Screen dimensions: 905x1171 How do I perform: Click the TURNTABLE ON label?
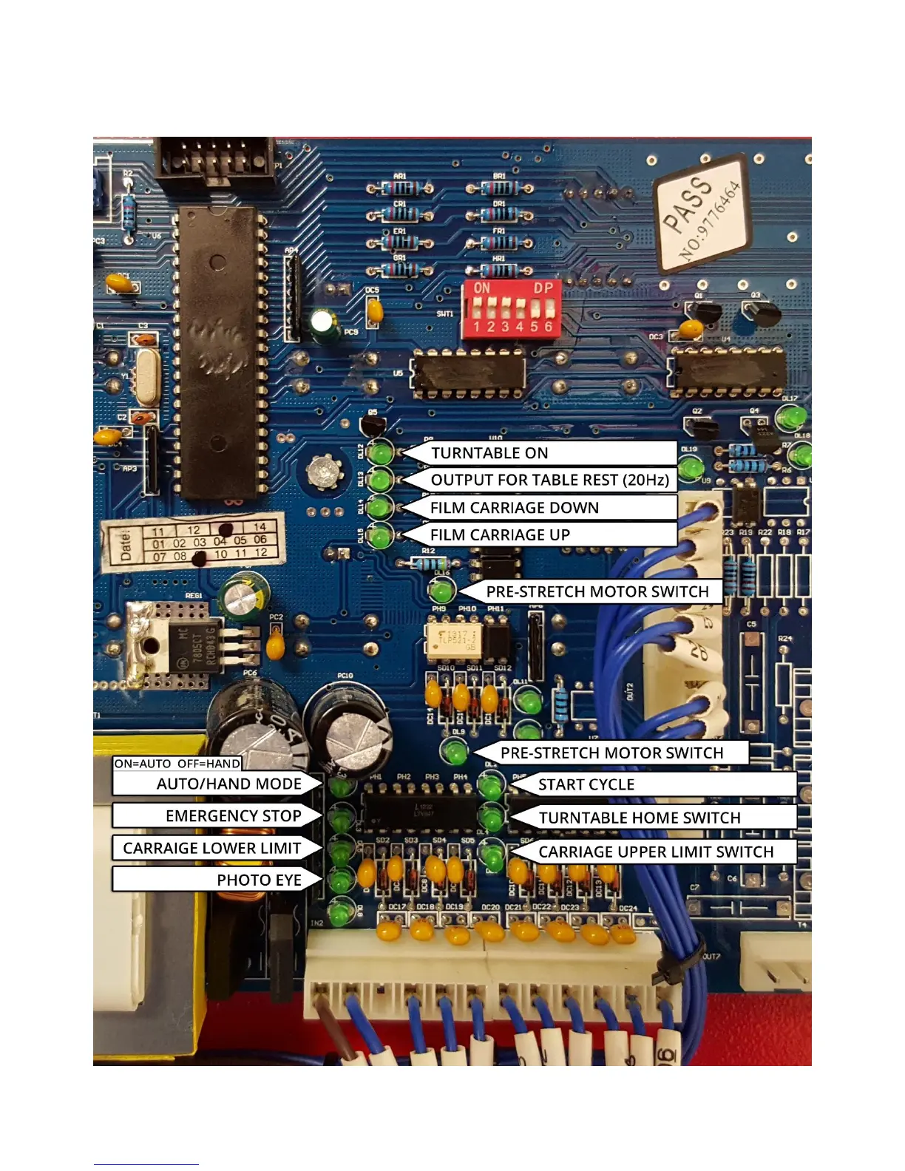point(489,453)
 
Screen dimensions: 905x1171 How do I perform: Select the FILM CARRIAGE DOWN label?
point(515,508)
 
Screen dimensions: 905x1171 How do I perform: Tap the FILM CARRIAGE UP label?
point(500,535)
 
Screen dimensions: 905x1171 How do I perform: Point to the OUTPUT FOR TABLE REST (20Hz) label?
point(549,481)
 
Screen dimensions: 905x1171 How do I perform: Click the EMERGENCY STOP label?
point(233,816)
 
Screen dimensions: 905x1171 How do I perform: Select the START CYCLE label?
point(586,785)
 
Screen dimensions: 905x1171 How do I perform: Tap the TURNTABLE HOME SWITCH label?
point(640,818)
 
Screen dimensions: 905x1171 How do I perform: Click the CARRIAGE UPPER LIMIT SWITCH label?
point(656,852)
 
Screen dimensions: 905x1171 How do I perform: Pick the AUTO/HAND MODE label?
point(228,784)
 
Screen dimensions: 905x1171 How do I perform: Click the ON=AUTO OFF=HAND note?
point(177,764)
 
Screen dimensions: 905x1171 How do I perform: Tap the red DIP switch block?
point(511,309)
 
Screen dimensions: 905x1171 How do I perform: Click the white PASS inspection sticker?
point(702,214)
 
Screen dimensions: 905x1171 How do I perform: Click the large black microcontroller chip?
point(219,352)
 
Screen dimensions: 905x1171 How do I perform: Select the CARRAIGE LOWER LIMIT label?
point(212,849)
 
